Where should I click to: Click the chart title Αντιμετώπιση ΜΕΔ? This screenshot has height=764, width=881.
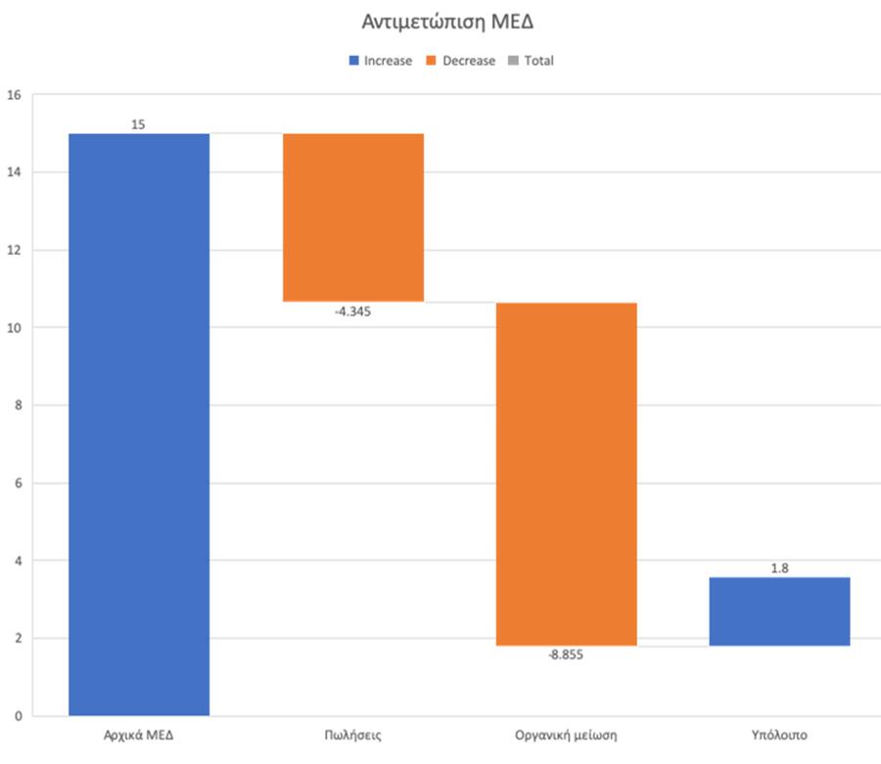coord(440,21)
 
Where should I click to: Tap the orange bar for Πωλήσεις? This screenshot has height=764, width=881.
coord(352,216)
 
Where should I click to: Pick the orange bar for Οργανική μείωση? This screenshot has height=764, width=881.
coord(566,474)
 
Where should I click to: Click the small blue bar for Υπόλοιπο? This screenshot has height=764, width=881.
coord(779,611)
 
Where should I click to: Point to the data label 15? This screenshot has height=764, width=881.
coord(138,124)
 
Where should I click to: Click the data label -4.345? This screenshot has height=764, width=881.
coord(352,312)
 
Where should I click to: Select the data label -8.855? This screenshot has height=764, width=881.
coord(566,656)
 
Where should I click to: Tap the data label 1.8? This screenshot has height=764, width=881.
coord(780,567)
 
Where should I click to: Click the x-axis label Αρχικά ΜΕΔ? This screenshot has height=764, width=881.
coord(138,735)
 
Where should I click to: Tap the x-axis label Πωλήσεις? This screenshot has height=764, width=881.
coord(352,735)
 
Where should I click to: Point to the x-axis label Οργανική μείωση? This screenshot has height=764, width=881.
coord(566,735)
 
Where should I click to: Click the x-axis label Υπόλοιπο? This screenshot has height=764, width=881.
coord(780,735)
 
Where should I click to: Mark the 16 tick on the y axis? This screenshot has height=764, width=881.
coord(14,95)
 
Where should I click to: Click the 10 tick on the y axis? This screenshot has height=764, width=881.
coord(14,328)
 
